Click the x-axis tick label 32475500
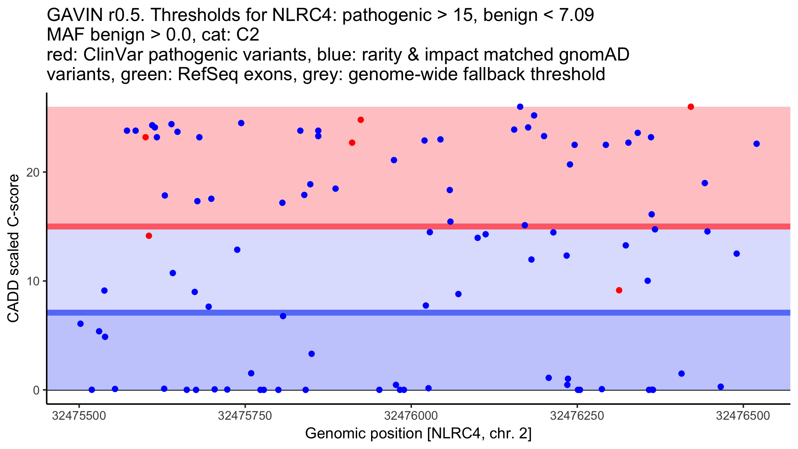79,416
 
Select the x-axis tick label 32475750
245,416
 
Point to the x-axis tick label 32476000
411,416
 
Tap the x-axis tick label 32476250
577,416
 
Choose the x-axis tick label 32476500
743,416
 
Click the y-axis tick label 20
32,172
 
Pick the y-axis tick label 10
32,281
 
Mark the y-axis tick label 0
36,390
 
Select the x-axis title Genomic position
418,434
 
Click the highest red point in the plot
691,107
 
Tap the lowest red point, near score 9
619,290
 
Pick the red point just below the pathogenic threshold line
149,236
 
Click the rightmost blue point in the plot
757,144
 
